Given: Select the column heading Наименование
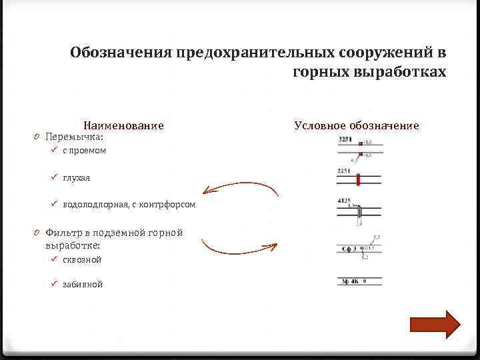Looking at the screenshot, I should (123, 125).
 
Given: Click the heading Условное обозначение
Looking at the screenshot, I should (357, 125).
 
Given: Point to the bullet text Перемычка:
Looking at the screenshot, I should (74, 137).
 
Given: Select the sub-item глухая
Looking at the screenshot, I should (77, 178).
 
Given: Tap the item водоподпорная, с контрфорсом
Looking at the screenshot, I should (129, 205).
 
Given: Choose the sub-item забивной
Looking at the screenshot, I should (83, 284).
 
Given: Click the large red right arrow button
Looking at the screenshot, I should (435, 325).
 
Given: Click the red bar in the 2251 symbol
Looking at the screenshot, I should (358, 179).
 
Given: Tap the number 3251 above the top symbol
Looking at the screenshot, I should (345, 139).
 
